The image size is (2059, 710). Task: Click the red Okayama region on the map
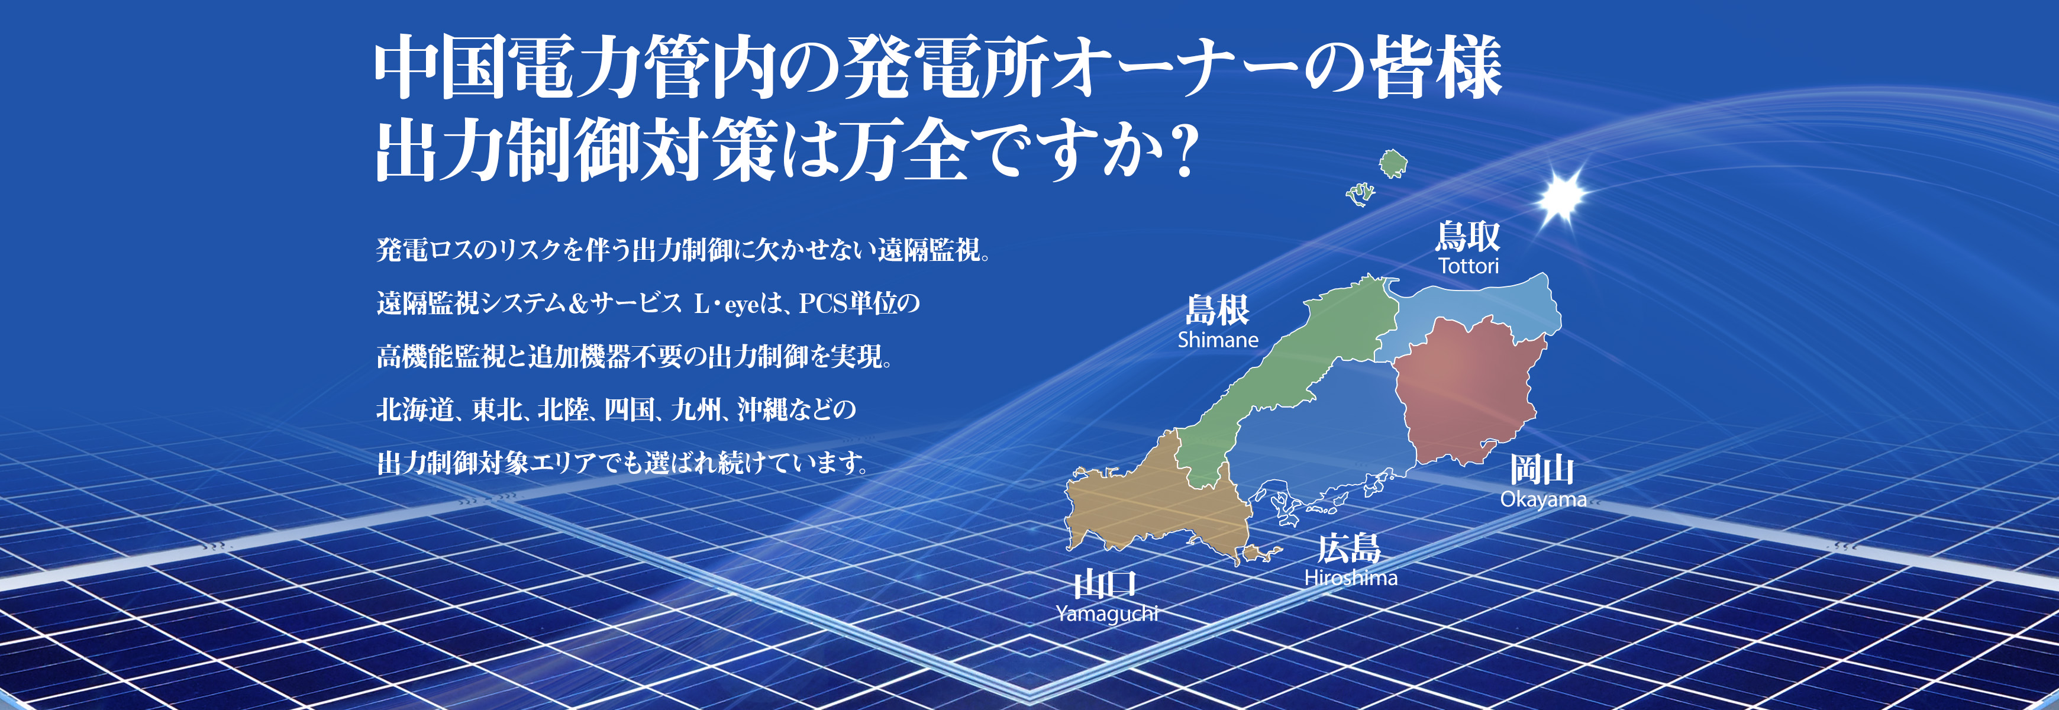1467,392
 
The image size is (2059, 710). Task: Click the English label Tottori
1469,266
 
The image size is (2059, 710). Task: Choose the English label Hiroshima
1351,577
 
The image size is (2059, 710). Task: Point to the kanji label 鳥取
1467,236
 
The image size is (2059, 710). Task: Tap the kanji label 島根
1216,310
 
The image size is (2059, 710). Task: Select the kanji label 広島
1349,548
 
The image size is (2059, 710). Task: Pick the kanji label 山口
1105,585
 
